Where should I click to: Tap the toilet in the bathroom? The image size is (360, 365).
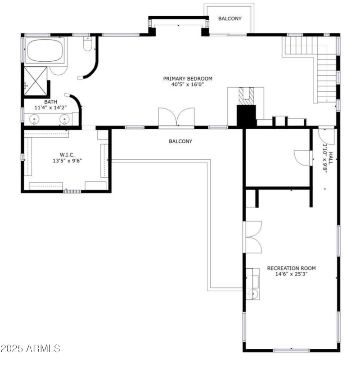[88, 45]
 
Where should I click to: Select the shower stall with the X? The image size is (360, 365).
[36, 81]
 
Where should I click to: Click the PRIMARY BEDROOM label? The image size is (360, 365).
[188, 78]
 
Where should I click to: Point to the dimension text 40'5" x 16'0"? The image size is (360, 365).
[188, 85]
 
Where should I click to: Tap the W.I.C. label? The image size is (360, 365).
[67, 154]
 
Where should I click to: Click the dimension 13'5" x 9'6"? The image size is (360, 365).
[67, 160]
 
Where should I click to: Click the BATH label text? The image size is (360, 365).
[50, 102]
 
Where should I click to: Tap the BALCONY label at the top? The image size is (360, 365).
[230, 18]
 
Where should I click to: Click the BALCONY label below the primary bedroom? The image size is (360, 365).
[180, 141]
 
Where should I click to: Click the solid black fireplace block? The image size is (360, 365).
[246, 116]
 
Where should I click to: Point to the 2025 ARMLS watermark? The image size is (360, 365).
[31, 348]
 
